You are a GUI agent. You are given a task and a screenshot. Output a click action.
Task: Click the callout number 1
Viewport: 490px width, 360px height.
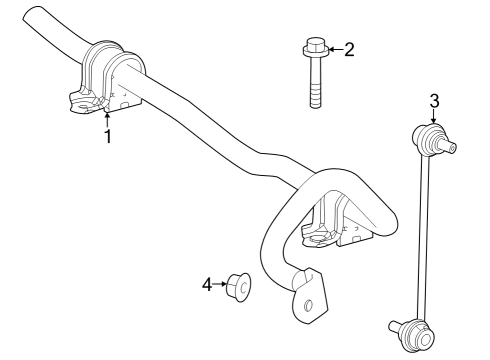[x=107, y=136]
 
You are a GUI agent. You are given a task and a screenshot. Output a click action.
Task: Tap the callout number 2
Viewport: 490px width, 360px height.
[x=349, y=50]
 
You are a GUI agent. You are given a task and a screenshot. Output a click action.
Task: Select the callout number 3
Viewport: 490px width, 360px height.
[x=434, y=101]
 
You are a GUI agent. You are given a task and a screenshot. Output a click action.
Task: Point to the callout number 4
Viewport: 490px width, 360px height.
[x=207, y=285]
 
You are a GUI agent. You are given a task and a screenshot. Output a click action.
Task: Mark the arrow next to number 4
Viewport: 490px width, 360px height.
[x=220, y=284]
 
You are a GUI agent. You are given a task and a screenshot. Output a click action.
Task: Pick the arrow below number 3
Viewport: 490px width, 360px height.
[x=434, y=117]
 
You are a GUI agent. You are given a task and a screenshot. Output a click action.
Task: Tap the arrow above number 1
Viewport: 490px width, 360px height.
[x=107, y=120]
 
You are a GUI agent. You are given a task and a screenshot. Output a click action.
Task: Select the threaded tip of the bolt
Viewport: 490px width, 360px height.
[x=315, y=97]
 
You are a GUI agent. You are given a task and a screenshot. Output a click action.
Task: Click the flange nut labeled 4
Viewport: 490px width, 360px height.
[x=238, y=287]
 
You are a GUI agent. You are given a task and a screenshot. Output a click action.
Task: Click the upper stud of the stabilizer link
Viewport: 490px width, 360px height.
[x=449, y=147]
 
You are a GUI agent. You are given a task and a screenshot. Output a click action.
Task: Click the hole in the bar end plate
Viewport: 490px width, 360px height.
[x=309, y=305]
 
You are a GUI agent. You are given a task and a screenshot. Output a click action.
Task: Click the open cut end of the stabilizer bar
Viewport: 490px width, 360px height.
[x=32, y=15]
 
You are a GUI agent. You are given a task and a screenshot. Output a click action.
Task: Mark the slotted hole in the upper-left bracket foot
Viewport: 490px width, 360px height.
[x=84, y=108]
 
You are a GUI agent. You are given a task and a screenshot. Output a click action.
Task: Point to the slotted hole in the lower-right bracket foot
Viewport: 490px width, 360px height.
[x=317, y=239]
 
